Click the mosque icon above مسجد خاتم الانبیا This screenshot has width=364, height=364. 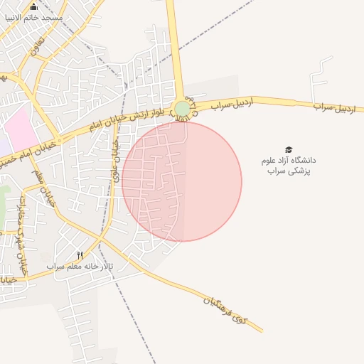pyautogui.click(x=33, y=7)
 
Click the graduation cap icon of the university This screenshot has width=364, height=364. pyautogui.click(x=289, y=149)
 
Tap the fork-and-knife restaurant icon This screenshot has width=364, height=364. pyautogui.click(x=80, y=255)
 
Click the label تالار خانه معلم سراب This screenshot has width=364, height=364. pyautogui.click(x=80, y=266)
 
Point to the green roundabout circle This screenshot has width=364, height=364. pyautogui.click(x=183, y=109)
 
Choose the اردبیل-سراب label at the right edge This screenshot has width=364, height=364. pyautogui.click(x=333, y=107)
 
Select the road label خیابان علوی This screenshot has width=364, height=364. pyautogui.click(x=114, y=159)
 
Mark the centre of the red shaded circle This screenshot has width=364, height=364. pyautogui.click(x=182, y=181)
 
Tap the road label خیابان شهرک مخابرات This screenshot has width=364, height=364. pyautogui.click(x=22, y=235)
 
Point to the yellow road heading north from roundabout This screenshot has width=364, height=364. pyautogui.click(x=175, y=50)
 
